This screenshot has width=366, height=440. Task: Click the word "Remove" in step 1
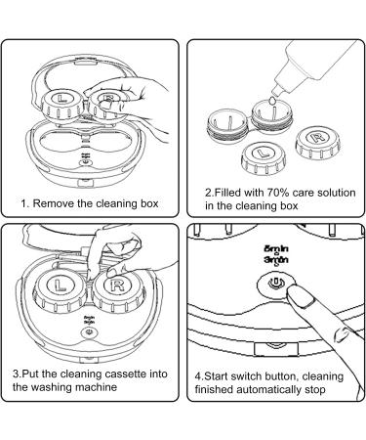pyautogui.click(x=54, y=203)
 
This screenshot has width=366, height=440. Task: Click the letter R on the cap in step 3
pyautogui.click(x=117, y=286)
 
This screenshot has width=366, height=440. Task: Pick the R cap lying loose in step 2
pyautogui.click(x=318, y=143)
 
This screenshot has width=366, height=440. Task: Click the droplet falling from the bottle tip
pyautogui.click(x=273, y=101)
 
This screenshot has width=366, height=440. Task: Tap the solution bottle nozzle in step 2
pyautogui.click(x=279, y=88)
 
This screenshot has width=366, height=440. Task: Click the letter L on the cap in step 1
pyautogui.click(x=61, y=98)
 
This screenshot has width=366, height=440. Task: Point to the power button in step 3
pyautogui.click(x=88, y=332)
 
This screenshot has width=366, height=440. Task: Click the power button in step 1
pyautogui.click(x=85, y=160)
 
